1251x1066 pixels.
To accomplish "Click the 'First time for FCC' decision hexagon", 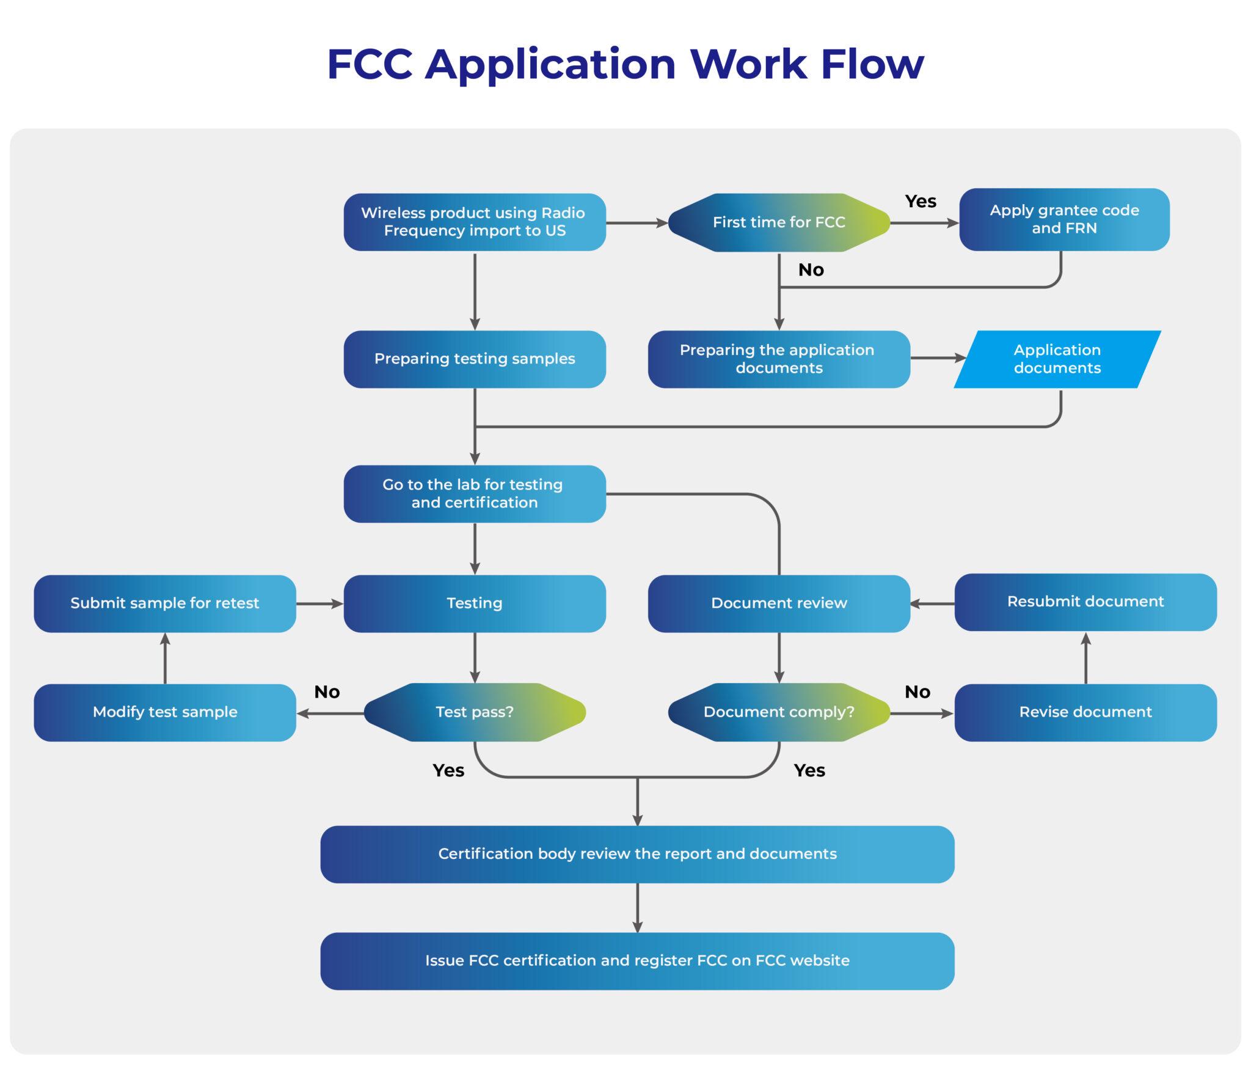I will pos(779,222).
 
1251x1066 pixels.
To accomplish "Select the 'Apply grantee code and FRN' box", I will pos(1064,219).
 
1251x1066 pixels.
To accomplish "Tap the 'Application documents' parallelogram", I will pos(1057,359).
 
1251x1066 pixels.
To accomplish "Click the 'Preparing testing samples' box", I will pos(475,359).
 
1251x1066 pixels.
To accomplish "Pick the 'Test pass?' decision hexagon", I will pos(475,712).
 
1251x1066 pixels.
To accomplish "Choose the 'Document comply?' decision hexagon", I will pos(779,712).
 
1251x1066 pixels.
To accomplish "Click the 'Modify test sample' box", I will pos(165,712).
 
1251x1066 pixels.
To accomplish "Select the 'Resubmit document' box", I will pos(1085,602).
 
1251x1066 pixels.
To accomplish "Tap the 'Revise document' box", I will pos(1085,712).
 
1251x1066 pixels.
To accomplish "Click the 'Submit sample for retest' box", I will pos(165,604).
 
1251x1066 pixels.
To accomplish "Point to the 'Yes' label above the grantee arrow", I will pos(921,202).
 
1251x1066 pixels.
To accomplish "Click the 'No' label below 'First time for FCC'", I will pos(811,270).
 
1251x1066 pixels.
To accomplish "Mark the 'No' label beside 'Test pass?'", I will pos(327,692).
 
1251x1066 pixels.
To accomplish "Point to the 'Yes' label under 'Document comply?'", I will pos(809,771).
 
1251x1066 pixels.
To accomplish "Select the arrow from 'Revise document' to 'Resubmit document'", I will pos(1085,659).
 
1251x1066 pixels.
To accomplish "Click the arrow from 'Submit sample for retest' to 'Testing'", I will pos(319,604).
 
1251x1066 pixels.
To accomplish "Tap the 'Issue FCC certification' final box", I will pos(637,961).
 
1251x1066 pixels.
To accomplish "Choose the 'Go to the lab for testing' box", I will pos(475,494).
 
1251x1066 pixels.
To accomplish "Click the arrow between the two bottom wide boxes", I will pos(637,908).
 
